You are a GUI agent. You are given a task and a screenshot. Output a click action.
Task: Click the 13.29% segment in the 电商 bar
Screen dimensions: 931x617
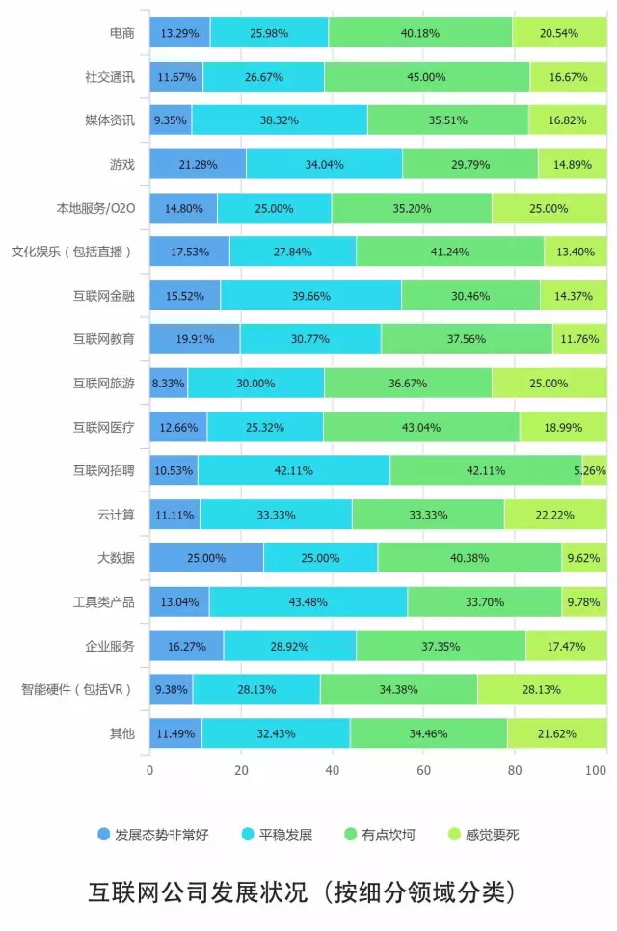(x=180, y=33)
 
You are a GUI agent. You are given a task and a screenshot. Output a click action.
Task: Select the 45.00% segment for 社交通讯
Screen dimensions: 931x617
(x=427, y=76)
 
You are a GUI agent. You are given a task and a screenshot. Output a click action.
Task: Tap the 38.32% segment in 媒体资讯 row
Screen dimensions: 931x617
(x=280, y=120)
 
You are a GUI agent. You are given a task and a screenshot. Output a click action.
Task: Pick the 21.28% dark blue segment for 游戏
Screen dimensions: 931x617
(x=198, y=165)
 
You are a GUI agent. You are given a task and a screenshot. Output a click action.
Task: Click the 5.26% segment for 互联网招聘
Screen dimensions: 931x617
(x=594, y=470)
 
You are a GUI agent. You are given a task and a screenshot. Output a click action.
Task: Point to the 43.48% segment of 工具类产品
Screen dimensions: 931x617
(x=308, y=602)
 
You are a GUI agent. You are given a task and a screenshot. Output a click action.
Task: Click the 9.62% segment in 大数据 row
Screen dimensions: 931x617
(x=584, y=558)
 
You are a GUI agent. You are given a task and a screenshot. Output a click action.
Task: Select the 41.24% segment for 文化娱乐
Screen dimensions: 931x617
(x=450, y=253)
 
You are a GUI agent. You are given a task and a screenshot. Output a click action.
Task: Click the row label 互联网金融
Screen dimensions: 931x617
(x=104, y=296)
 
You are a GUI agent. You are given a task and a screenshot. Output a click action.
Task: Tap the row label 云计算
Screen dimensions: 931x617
(x=116, y=514)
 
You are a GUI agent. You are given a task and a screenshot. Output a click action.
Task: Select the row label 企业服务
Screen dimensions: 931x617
(x=110, y=646)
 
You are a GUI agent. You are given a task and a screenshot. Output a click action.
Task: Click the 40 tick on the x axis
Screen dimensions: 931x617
(x=333, y=771)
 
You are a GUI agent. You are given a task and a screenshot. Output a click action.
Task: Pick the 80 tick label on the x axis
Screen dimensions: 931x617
(x=515, y=771)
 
